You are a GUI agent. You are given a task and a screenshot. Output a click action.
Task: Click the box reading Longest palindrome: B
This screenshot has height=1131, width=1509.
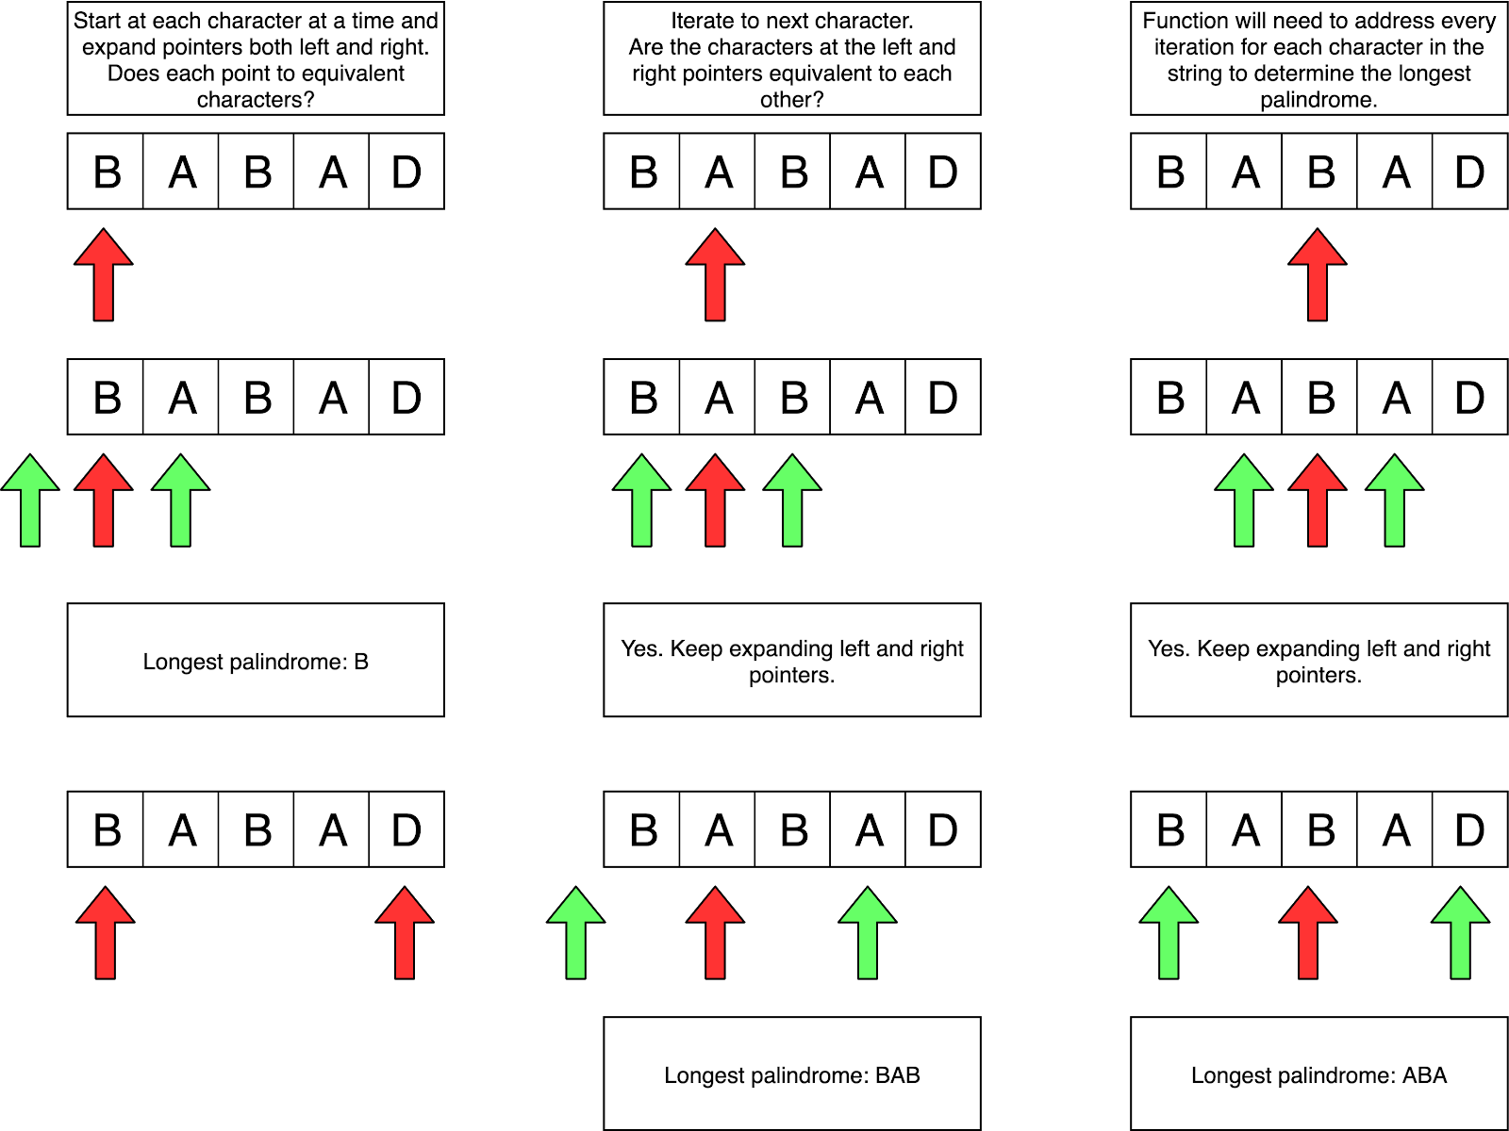pyautogui.click(x=256, y=660)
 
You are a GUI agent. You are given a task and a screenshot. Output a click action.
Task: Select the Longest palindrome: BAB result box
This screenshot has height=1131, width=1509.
pyautogui.click(x=792, y=1074)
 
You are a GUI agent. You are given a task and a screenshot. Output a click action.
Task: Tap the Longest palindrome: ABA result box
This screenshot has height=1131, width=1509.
pyautogui.click(x=1318, y=1074)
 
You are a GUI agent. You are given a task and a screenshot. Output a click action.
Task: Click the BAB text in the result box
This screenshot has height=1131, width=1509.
pyautogui.click(x=897, y=1075)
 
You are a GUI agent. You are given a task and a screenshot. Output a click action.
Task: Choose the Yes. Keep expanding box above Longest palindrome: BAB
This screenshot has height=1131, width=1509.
pyautogui.click(x=792, y=660)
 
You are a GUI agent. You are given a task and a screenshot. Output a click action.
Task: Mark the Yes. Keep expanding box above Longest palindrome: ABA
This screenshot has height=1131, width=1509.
pyautogui.click(x=1318, y=660)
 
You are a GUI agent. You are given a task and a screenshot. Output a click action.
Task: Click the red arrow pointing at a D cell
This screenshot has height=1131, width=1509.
pyautogui.click(x=405, y=933)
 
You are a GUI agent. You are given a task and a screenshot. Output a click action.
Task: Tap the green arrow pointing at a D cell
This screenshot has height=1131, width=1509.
pyautogui.click(x=1460, y=933)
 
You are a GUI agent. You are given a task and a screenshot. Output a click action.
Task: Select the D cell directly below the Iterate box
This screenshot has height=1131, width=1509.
pyautogui.click(x=942, y=172)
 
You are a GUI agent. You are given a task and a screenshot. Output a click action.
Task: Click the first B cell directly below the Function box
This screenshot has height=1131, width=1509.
pyautogui.click(x=1169, y=172)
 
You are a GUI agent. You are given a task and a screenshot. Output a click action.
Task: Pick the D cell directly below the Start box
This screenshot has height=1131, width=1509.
pyautogui.click(x=406, y=172)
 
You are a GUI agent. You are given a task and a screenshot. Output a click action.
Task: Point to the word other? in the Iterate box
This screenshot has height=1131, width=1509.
pyautogui.click(x=792, y=100)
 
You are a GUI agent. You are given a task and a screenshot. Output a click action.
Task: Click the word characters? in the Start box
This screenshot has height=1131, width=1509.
pyautogui.click(x=256, y=100)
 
